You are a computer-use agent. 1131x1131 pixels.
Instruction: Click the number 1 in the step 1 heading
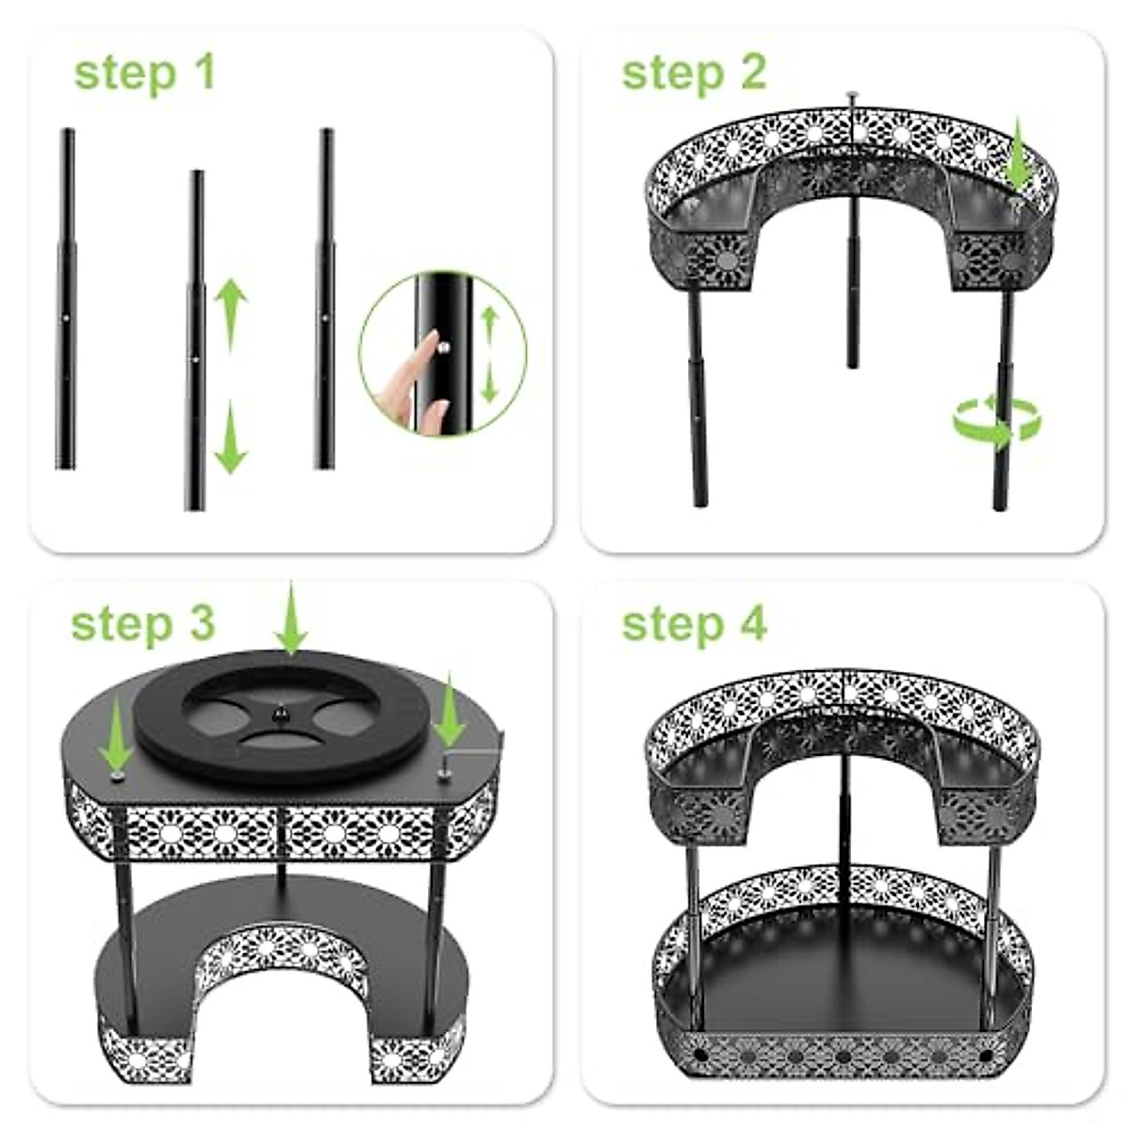click(x=201, y=74)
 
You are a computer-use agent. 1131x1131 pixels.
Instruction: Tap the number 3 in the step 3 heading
click(x=199, y=623)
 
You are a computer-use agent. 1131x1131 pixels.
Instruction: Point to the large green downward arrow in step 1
click(x=230, y=437)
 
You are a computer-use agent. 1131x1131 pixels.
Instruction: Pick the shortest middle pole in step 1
click(x=195, y=339)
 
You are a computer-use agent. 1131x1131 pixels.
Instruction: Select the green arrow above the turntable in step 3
click(x=291, y=617)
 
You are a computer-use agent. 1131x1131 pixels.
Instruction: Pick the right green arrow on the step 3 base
click(x=450, y=713)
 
